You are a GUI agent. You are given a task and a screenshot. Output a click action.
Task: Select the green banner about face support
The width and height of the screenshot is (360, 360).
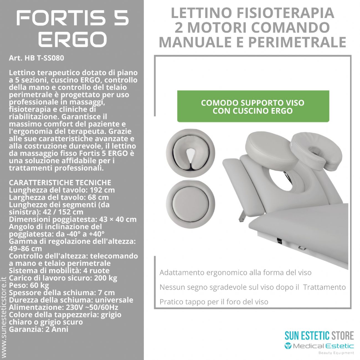tap(253, 106)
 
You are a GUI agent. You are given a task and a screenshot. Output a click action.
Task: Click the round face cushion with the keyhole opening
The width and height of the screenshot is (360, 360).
tap(190, 153)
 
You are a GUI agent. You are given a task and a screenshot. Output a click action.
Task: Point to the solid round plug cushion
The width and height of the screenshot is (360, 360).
tap(190, 204)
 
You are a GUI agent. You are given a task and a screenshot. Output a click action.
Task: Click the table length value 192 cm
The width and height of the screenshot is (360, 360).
tap(102, 190)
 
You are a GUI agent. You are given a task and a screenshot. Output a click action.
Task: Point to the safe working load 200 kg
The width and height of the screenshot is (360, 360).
tap(106, 278)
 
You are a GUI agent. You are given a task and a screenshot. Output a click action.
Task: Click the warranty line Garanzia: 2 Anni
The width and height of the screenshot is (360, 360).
tap(38, 329)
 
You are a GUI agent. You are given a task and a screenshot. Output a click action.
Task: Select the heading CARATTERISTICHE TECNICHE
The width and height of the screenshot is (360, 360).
tap(60, 182)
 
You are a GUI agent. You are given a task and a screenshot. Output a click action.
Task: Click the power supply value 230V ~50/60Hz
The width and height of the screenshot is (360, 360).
tap(92, 307)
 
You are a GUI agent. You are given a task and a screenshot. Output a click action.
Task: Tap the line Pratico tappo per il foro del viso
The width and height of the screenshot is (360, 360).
tap(214, 302)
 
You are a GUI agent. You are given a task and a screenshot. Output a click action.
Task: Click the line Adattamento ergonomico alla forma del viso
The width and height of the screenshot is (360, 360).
tap(235, 272)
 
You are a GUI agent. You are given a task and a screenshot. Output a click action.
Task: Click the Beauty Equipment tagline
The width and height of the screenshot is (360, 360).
tap(336, 353)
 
